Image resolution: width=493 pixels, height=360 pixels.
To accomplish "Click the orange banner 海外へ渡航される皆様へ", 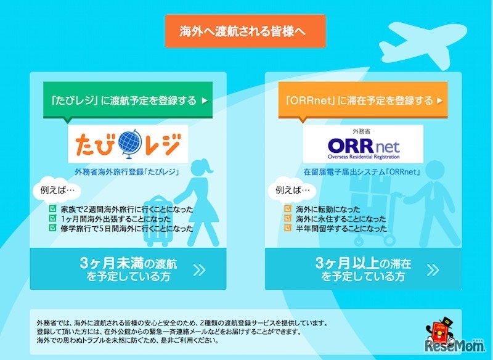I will pyautogui.click(x=245, y=30).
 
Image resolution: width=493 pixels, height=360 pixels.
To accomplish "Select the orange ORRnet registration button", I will pyautogui.click(x=364, y=100).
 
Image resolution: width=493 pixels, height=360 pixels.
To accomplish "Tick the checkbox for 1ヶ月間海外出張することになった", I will pyautogui.click(x=52, y=218).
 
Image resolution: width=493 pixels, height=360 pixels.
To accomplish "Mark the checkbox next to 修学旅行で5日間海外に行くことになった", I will pyautogui.click(x=52, y=227).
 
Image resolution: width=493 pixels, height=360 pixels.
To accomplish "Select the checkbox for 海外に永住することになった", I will pyautogui.click(x=288, y=218).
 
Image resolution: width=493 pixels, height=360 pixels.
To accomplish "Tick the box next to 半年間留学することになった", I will pyautogui.click(x=288, y=227).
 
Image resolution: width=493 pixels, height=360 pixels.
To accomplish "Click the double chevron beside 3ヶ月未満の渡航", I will pyautogui.click(x=199, y=269).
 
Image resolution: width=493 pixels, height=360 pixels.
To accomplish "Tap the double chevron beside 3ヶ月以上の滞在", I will pyautogui.click(x=434, y=269).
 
